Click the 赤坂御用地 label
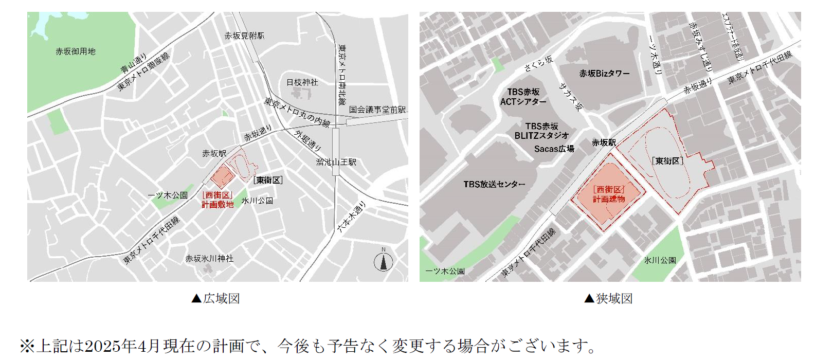coord(76,51)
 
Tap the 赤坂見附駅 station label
coord(244,35)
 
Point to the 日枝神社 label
coord(302,82)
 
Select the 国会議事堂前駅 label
coord(377,110)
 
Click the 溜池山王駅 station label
coord(336,162)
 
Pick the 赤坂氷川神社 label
coord(209,258)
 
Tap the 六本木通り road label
coord(351,217)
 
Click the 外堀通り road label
coord(307,140)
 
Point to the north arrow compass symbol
coord(383,261)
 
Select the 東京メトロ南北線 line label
coord(342,75)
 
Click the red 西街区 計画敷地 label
coord(218,200)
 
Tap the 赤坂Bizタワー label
coord(604,74)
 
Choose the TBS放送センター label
coord(494,184)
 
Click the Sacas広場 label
coord(554,149)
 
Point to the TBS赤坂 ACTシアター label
coord(523,97)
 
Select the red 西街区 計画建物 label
coord(609,194)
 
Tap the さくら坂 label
coord(538,63)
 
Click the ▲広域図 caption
coord(216,299)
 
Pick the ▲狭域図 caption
coord(609,299)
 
